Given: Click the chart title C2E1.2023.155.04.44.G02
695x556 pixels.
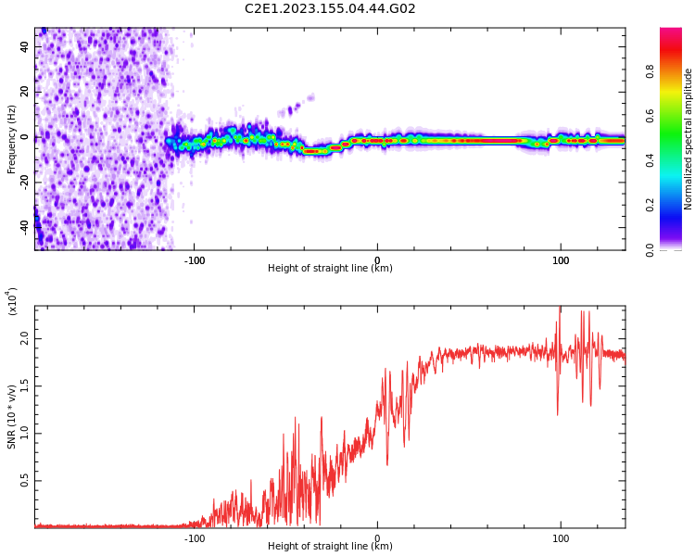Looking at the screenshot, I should (330, 9).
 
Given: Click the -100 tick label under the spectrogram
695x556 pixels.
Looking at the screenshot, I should (194, 260).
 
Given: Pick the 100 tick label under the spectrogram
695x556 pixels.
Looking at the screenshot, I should (561, 260).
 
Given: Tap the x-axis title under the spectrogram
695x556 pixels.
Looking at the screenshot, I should (330, 269).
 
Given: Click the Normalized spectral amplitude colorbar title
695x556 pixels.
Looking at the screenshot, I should (689, 139).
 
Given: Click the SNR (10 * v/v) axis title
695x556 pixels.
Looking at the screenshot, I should (12, 417).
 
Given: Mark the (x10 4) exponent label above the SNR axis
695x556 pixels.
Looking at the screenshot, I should (13, 301).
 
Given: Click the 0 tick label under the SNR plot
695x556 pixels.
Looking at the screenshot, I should (377, 538).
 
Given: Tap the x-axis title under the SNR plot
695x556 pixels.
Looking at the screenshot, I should (330, 547).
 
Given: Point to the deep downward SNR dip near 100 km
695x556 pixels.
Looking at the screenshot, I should (557, 412).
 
